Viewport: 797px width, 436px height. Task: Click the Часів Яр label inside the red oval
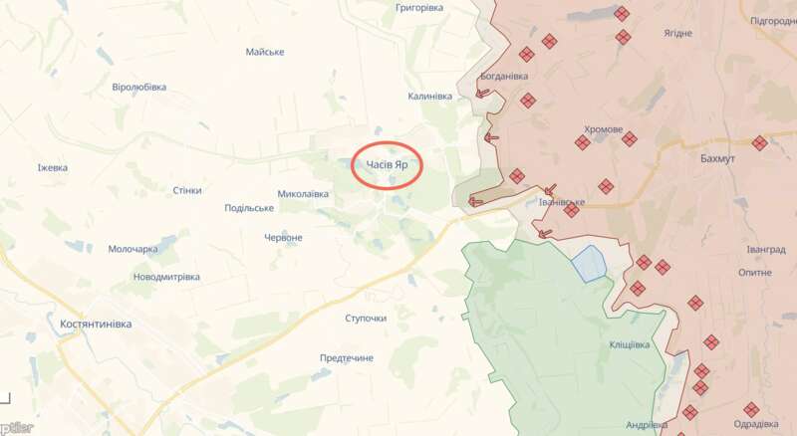(387, 165)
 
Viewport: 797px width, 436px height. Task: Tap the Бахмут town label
(717, 159)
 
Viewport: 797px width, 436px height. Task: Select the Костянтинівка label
(95, 325)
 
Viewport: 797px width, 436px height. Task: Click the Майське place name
(265, 52)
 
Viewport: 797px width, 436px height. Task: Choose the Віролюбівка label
(139, 88)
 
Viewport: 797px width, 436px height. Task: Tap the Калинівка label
(429, 97)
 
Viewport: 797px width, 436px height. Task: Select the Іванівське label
(561, 202)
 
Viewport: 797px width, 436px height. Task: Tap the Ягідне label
(677, 33)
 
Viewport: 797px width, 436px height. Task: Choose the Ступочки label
(366, 319)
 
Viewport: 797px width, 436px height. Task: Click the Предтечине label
(347, 357)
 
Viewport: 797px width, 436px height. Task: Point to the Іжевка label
(52, 167)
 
